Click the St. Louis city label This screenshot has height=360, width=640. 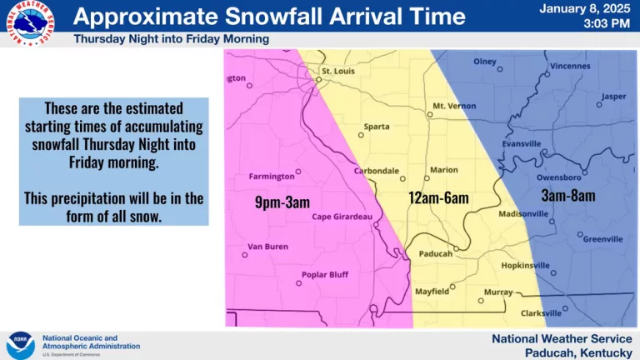[x=338, y=71]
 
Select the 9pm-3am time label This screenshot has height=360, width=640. [x=282, y=201]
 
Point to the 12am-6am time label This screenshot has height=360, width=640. [x=438, y=198]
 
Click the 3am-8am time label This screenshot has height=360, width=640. [x=567, y=196]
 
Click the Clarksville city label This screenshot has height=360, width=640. [x=541, y=313]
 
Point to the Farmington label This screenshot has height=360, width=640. [x=272, y=177]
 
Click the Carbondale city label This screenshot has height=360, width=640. [x=377, y=171]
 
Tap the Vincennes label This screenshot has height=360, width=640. [x=570, y=66]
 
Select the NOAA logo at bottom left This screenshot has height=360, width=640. [x=20, y=344]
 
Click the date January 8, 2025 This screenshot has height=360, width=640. [x=584, y=9]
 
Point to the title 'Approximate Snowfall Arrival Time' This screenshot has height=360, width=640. [x=270, y=17]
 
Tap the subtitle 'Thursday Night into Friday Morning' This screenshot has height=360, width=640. [x=172, y=39]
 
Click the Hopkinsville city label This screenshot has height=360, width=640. [x=526, y=265]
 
